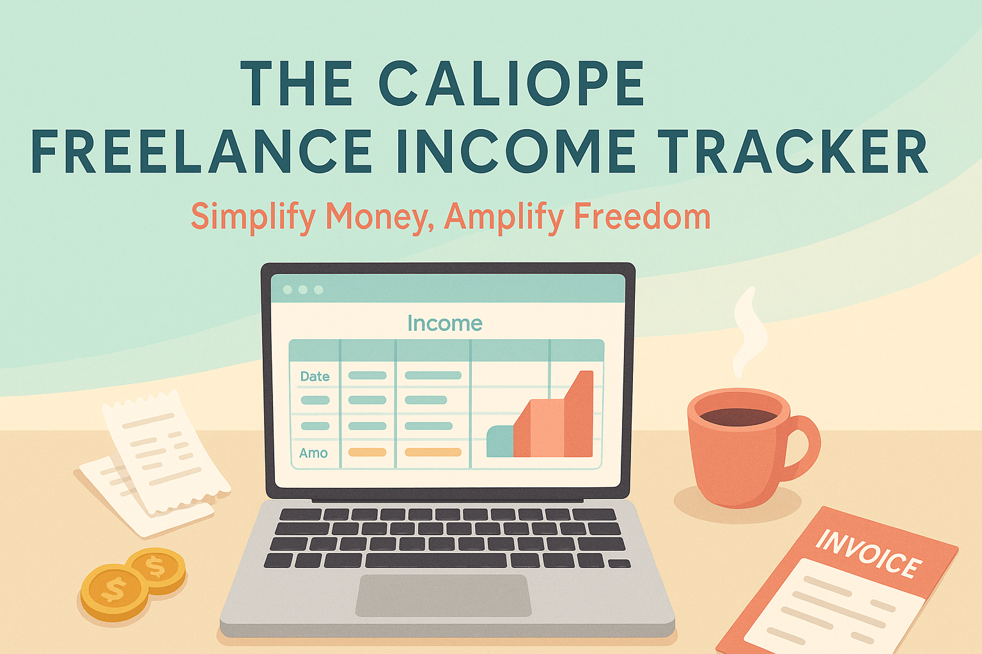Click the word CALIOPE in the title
511,84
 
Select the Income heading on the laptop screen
445,323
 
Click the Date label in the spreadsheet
315,376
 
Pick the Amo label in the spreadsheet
313,453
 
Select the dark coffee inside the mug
738,416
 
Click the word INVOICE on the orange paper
868,553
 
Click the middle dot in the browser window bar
303,290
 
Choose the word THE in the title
297,84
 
